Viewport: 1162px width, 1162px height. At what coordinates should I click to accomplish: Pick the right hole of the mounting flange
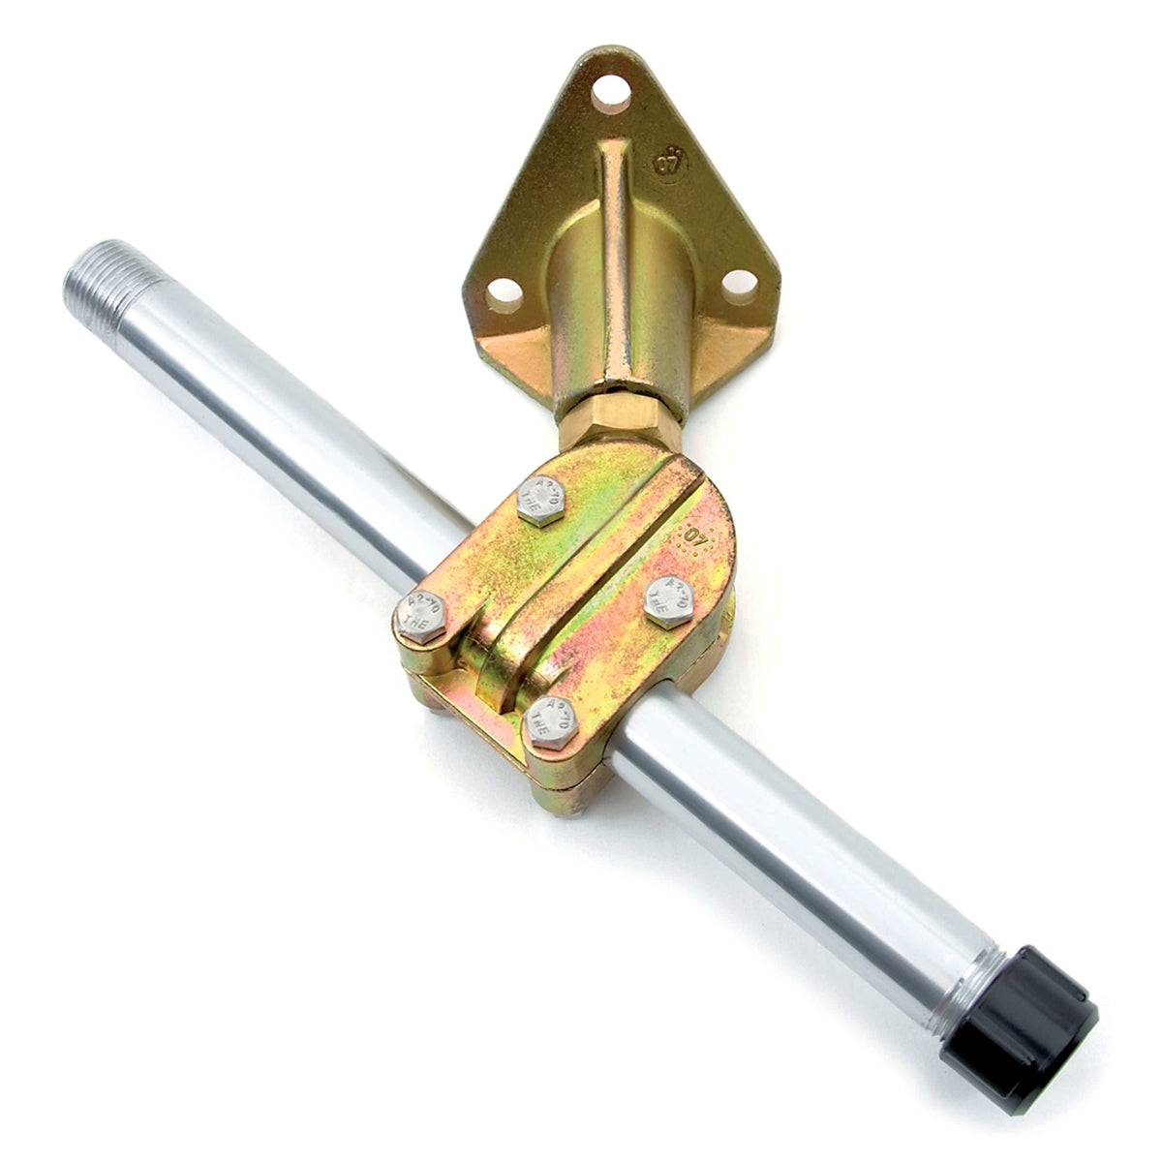click(x=741, y=284)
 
